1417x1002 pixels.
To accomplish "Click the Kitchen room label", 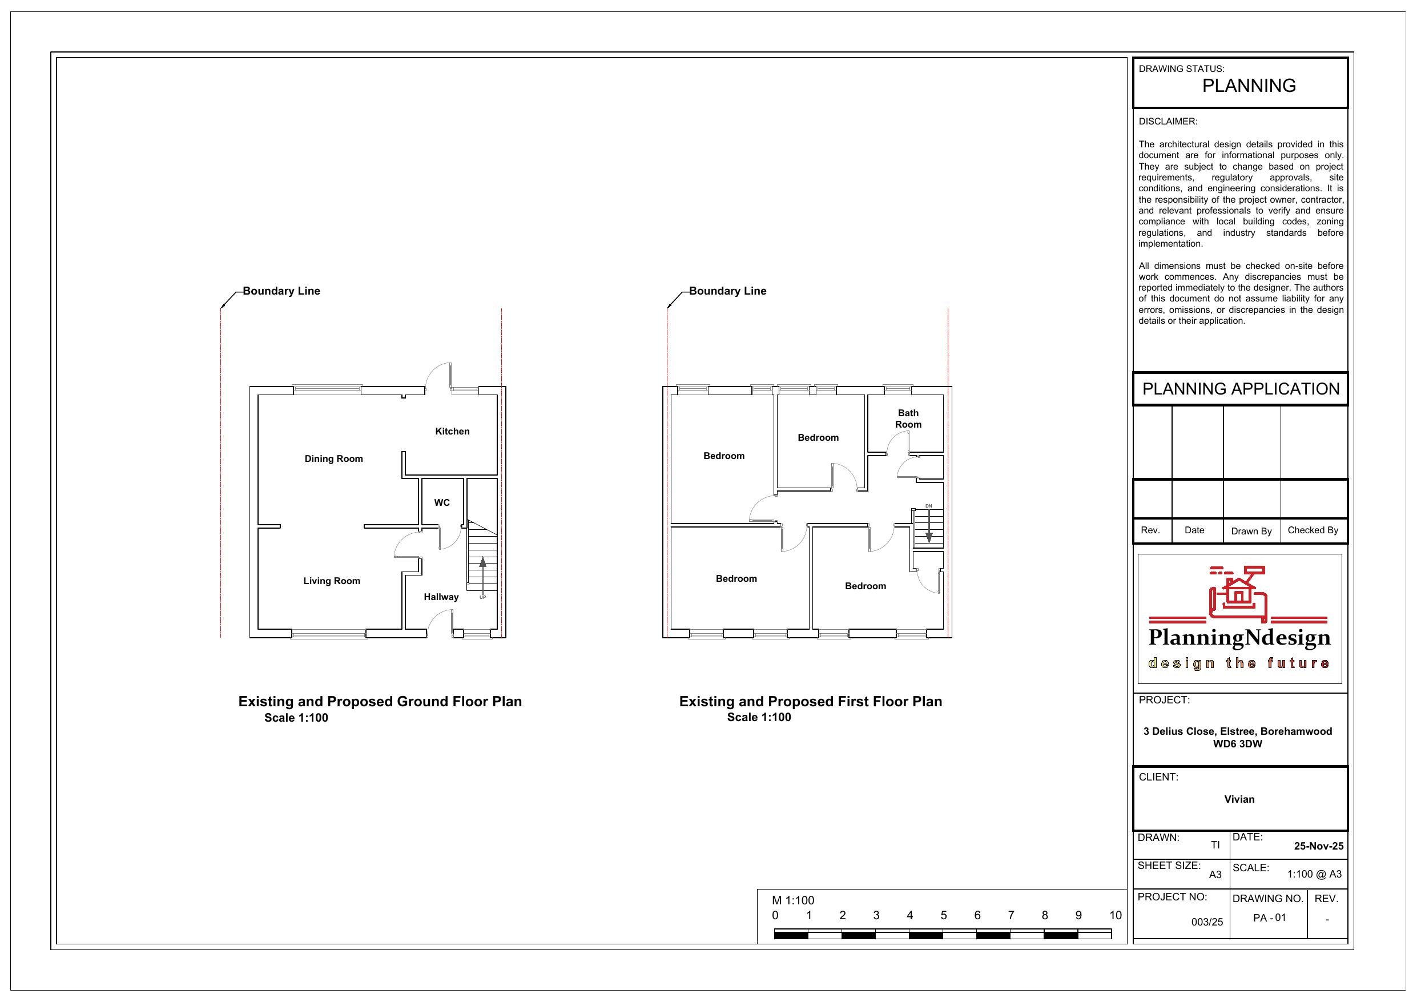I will click(x=452, y=432).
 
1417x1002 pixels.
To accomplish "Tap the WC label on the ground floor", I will click(x=442, y=502).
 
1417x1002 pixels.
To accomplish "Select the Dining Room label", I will click(x=334, y=458).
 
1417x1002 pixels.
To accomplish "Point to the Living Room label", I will click(x=332, y=581).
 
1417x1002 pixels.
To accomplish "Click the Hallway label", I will click(x=441, y=597).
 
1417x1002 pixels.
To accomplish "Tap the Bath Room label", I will click(x=908, y=418).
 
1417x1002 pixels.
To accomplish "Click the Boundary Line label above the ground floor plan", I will click(x=281, y=291).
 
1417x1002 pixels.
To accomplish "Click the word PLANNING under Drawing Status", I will click(x=1249, y=86).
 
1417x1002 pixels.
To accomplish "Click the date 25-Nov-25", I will click(x=1318, y=847).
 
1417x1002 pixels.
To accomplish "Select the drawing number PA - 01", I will click(x=1270, y=918).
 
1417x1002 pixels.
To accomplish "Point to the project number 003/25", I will click(x=1206, y=923).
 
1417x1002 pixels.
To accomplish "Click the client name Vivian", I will click(x=1239, y=799).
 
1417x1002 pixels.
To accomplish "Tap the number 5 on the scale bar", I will click(x=943, y=916).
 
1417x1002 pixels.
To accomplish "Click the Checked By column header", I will click(x=1313, y=530).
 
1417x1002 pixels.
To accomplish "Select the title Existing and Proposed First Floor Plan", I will click(x=810, y=701).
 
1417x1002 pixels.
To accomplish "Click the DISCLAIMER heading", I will click(x=1168, y=122).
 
